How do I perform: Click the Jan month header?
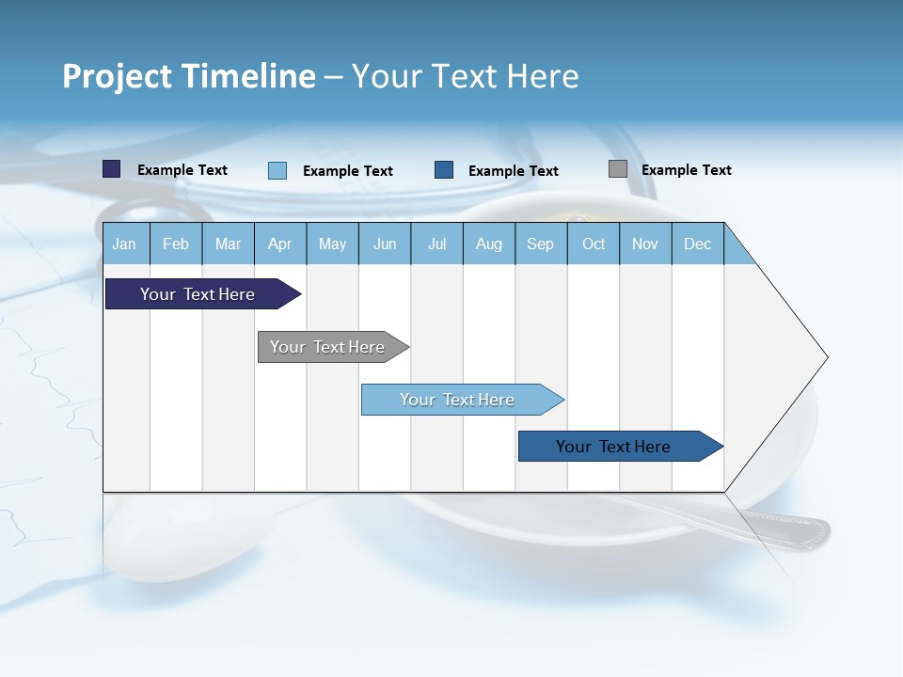pos(125,244)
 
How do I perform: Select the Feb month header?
pos(176,244)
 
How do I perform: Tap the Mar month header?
pos(228,244)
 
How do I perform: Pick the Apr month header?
pos(280,244)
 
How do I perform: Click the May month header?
pos(332,244)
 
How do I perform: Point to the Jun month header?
pos(385,244)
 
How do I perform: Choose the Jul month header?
pos(436,244)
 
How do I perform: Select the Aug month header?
pos(489,244)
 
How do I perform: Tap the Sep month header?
pos(541,244)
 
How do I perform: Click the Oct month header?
pos(594,244)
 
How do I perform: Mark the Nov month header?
pos(645,244)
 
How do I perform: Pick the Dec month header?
pos(698,244)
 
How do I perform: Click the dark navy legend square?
pos(112,169)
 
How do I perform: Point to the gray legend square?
pos(618,169)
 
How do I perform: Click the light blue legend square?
pos(277,170)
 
